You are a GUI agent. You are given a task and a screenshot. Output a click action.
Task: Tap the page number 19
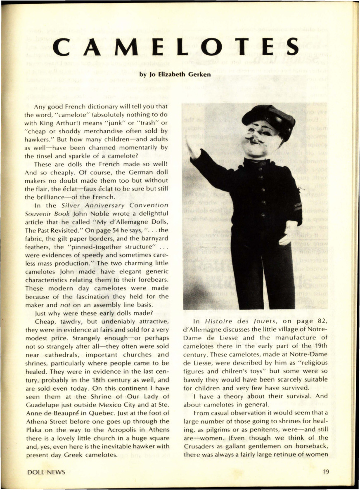tap(326, 472)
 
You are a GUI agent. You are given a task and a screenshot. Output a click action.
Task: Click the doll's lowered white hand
tap(288, 236)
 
